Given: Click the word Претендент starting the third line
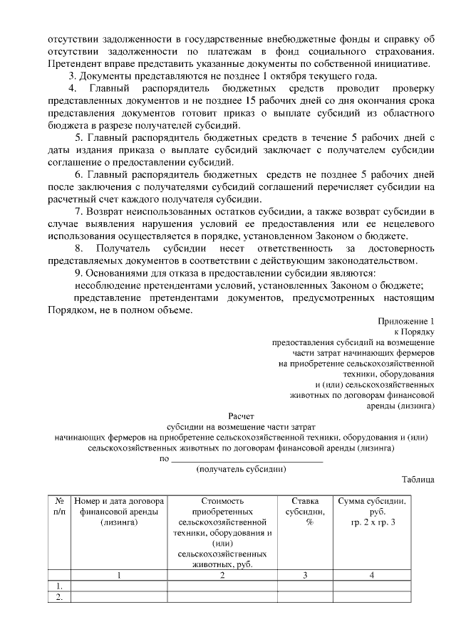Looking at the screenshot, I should (75, 63).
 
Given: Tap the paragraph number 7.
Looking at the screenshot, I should (78, 211).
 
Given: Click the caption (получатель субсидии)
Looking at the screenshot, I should (242, 469).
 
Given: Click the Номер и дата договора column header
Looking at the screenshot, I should (119, 512).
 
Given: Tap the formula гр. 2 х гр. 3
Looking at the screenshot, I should (372, 522).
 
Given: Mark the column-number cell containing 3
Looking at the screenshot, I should (305, 575).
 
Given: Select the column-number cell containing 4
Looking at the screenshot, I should (372, 575).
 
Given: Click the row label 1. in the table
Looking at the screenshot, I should (60, 586).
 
